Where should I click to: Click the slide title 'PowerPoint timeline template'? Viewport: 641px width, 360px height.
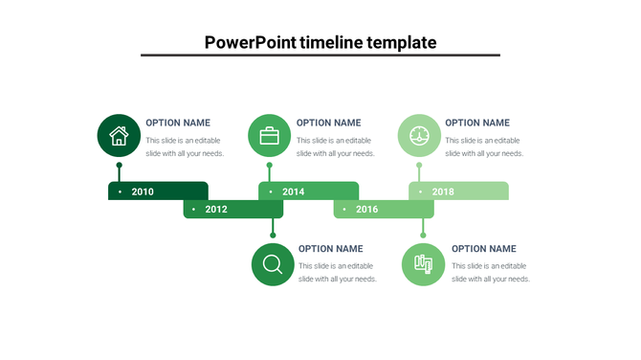pos(320,42)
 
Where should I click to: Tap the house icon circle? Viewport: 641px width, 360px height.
pos(119,135)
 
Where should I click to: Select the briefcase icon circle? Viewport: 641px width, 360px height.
pos(270,135)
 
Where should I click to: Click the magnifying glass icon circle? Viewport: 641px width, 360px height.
pos(273,263)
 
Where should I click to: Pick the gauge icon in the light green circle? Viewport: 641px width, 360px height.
pos(419,135)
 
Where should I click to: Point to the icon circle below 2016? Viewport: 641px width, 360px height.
pos(423,263)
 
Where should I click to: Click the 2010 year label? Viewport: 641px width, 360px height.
pos(143,191)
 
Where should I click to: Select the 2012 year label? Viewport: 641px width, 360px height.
pos(216,209)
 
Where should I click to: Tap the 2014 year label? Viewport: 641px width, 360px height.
pos(293,191)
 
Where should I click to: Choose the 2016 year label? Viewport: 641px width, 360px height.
pos(366,209)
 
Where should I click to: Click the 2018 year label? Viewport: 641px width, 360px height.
pos(443,191)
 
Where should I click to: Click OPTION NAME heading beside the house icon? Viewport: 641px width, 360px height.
pos(178,123)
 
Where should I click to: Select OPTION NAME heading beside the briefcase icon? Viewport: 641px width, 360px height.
pos(328,123)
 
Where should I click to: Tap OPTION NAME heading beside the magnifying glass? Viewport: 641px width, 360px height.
pos(330,249)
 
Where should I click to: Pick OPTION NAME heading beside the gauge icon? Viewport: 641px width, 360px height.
pos(477,123)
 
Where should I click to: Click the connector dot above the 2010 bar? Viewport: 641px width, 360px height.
pos(119,166)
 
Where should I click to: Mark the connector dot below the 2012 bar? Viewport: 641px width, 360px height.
pos(273,235)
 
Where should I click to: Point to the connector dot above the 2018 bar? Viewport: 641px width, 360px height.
pos(419,166)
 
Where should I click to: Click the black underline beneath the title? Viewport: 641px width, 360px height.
pos(320,56)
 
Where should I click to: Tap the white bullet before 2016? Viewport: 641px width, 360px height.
pos(344,209)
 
